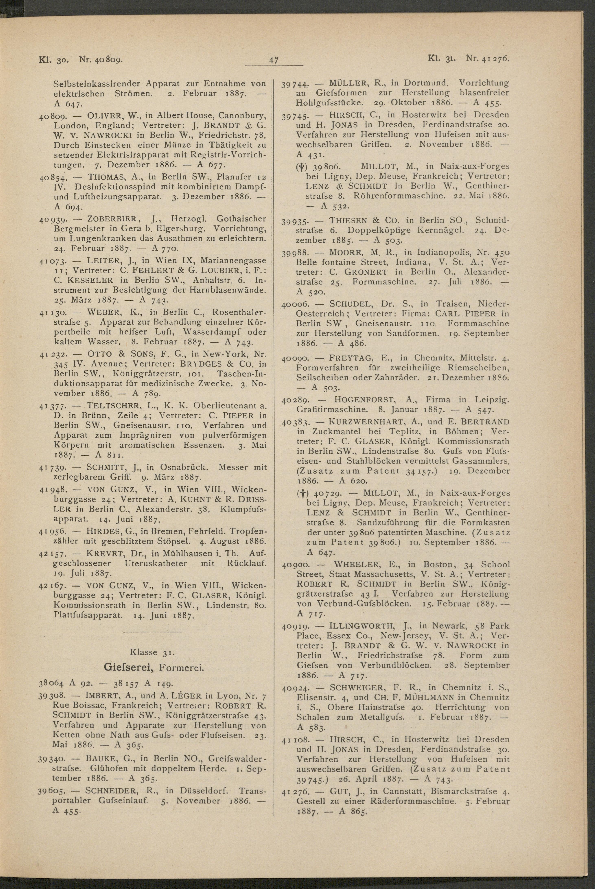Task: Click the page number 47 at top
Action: point(274,60)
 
